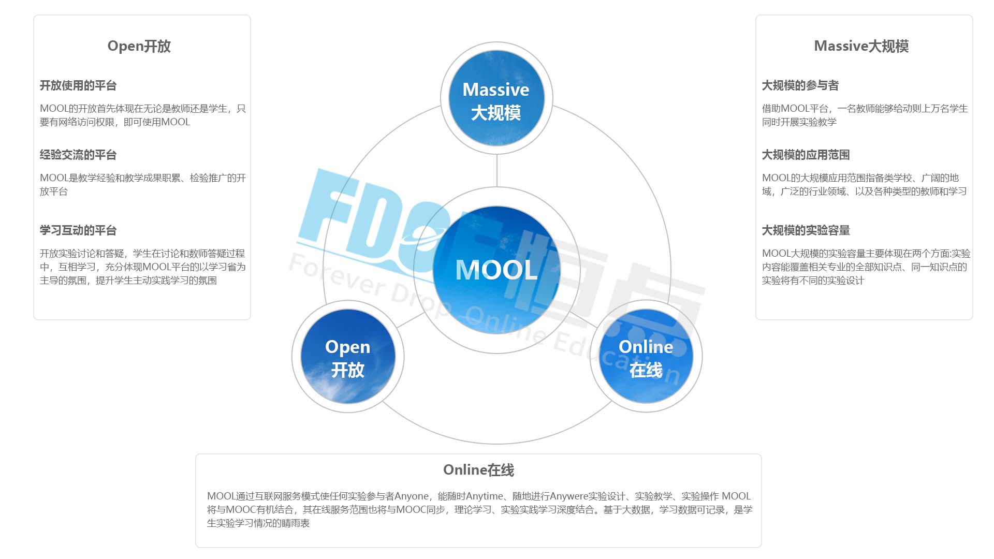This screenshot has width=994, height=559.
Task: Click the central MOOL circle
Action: pos(496,270)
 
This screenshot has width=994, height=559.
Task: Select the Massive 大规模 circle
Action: pos(496,98)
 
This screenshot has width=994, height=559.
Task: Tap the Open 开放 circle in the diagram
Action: pos(348,357)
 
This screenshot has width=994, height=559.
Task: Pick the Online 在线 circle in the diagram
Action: pos(646,357)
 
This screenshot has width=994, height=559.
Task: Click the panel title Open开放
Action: pos(139,46)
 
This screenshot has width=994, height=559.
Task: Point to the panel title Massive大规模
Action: pos(861,46)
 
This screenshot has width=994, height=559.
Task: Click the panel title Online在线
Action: pos(478,470)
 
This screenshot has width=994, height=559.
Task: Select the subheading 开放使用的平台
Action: pos(78,85)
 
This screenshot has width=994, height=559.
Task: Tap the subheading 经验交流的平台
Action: pos(78,155)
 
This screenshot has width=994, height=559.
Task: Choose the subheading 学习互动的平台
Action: pos(78,230)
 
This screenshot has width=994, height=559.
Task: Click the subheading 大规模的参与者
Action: pos(800,85)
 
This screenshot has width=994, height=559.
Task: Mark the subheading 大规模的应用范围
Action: pos(806,155)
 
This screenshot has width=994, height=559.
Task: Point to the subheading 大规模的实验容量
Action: pos(806,230)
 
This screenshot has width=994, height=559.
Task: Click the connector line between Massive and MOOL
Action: pos(497,171)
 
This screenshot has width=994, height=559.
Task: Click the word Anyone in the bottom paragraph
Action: pos(412,496)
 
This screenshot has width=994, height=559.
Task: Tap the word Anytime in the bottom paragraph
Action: pos(484,496)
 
